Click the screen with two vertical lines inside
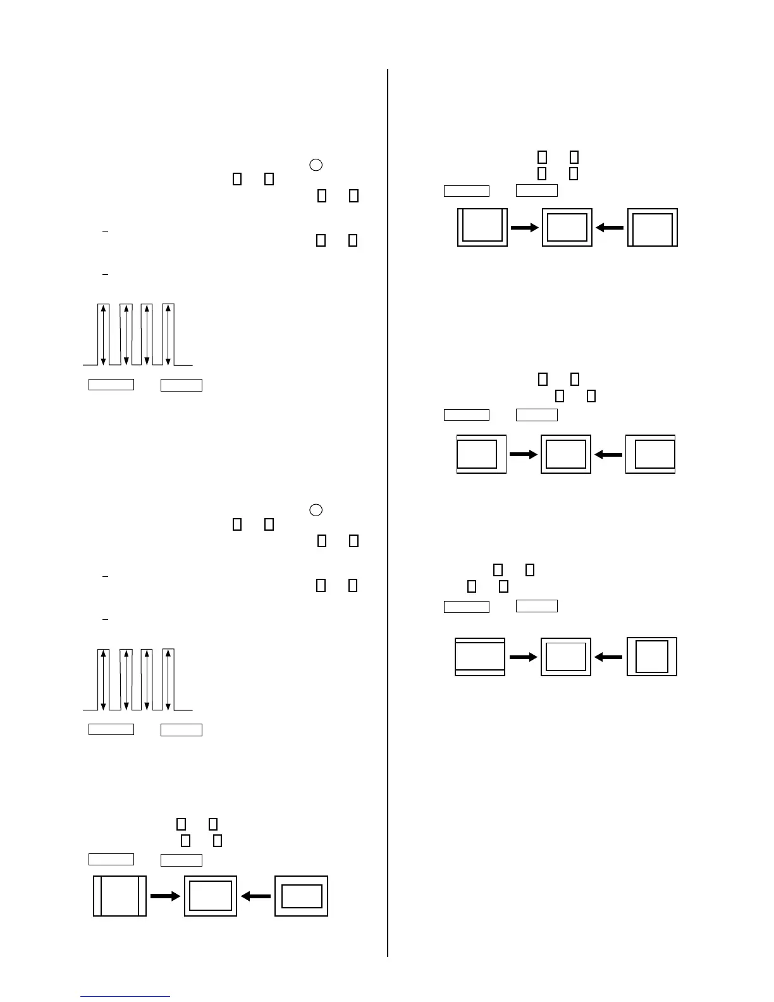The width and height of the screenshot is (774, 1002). click(x=120, y=896)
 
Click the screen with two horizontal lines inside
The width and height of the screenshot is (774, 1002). click(x=480, y=657)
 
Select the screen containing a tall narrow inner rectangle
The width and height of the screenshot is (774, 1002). click(x=652, y=657)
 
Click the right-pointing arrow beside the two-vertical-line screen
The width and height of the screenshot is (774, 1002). click(x=165, y=896)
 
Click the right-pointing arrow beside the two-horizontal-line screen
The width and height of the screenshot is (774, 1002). click(x=523, y=657)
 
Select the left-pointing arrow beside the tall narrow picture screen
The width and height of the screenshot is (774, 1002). click(x=608, y=657)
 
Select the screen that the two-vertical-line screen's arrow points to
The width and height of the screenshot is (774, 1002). click(x=211, y=896)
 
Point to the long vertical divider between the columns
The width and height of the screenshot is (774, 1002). click(x=387, y=506)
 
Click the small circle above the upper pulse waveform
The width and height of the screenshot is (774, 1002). click(x=316, y=164)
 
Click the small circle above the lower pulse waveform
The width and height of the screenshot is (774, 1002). click(x=316, y=510)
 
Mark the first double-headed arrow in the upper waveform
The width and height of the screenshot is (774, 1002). click(x=103, y=335)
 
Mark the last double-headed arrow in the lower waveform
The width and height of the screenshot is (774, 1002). click(x=168, y=679)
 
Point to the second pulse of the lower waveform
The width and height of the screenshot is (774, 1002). click(x=126, y=679)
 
